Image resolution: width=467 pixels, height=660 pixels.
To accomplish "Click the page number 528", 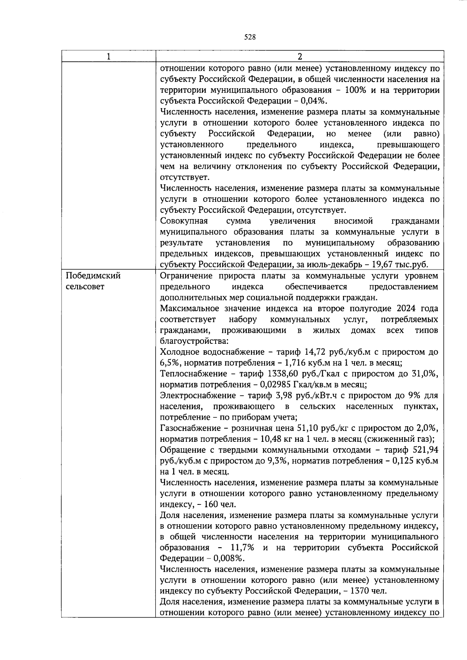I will point(249,37).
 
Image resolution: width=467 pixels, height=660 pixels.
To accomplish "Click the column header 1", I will point(109,56).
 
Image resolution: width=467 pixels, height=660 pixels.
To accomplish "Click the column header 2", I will point(300,56).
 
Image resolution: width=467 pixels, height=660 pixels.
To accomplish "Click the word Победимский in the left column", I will point(93,276).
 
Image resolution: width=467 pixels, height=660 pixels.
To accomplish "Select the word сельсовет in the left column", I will point(85,287).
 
